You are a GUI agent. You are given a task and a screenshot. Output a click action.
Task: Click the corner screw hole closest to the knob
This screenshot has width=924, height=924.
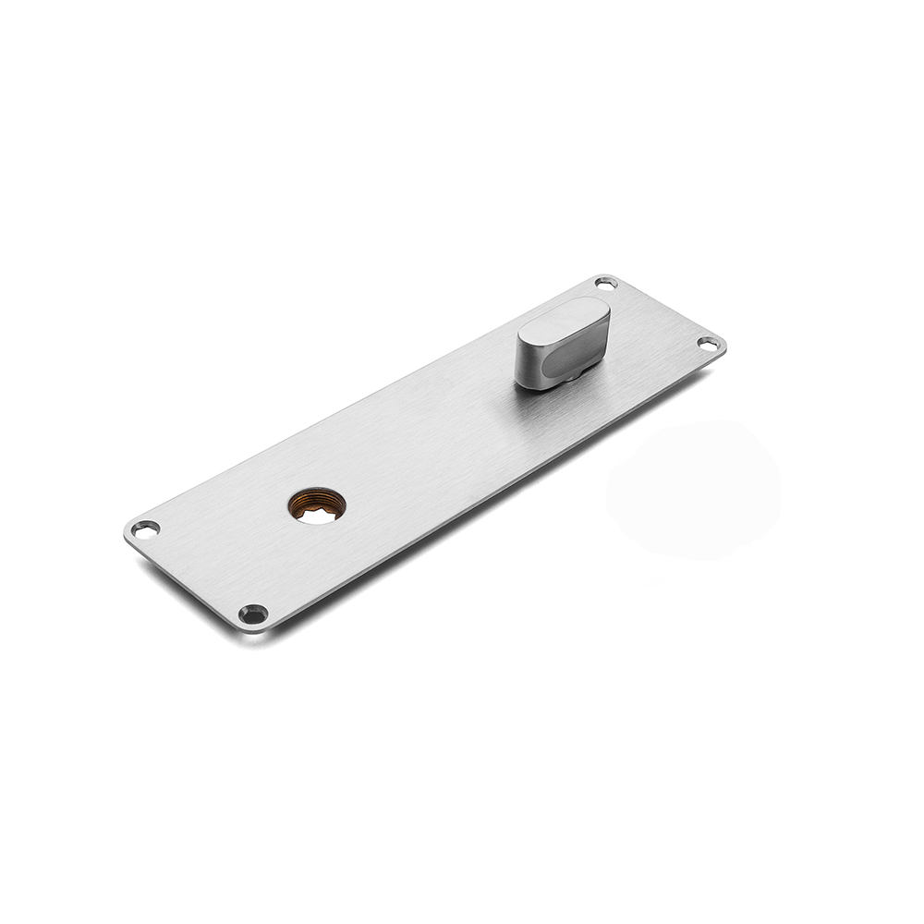pos(605,283)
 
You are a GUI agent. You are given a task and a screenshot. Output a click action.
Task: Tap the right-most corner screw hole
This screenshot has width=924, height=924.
pos(707,344)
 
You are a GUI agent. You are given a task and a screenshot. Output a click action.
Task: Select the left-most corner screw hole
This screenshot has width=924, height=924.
pos(145,529)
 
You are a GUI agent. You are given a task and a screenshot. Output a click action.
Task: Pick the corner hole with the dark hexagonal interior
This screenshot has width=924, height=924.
pos(252,613)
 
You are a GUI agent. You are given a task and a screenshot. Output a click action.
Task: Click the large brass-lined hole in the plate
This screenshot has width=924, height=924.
pos(317,505)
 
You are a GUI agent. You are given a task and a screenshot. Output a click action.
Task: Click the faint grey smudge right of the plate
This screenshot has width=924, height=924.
pos(693,490)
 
